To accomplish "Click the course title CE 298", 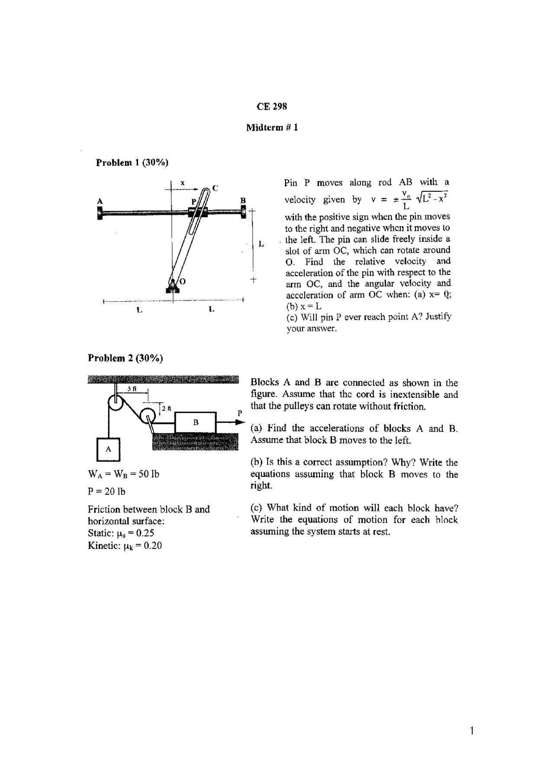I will tap(272, 106).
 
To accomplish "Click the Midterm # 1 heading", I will tap(272, 128).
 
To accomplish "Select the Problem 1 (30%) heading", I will tap(132, 162).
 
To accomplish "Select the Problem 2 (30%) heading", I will tap(126, 358).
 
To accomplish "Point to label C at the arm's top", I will tap(215, 188).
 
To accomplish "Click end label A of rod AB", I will tap(100, 201).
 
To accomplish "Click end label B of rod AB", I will tap(243, 200).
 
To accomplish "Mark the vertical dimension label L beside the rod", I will tap(261, 244).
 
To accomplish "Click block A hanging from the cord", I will tap(108, 449).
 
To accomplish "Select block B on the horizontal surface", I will tap(195, 422).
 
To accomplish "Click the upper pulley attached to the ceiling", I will tap(116, 404).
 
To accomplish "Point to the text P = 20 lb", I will tap(106, 491).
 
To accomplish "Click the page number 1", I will tap(472, 731).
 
